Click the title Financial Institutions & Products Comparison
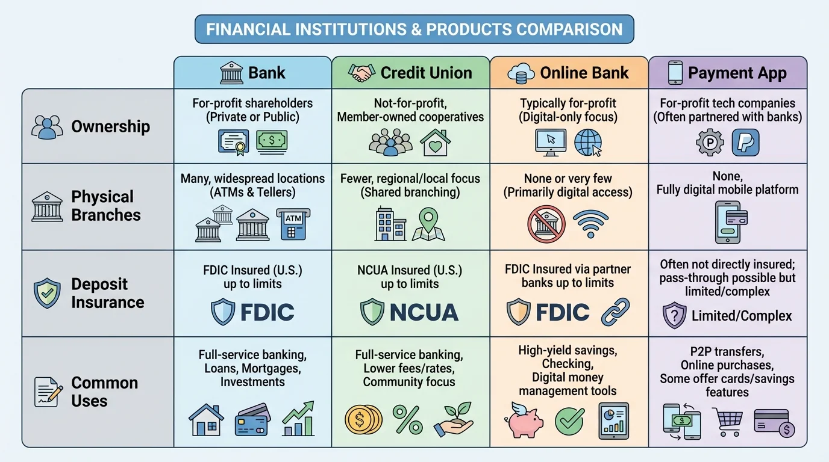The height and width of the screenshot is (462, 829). pyautogui.click(x=414, y=29)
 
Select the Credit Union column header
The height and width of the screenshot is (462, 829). pyautogui.click(x=410, y=73)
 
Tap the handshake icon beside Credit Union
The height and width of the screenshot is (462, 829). pyautogui.click(x=361, y=73)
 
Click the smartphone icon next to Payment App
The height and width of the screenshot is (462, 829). pyautogui.click(x=675, y=73)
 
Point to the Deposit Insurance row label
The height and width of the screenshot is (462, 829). pyautogui.click(x=107, y=293)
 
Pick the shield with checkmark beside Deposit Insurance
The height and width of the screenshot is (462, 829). pyautogui.click(x=47, y=293)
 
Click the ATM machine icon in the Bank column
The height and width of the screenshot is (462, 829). pyautogui.click(x=291, y=224)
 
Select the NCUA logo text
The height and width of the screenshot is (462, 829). pyautogui.click(x=424, y=312)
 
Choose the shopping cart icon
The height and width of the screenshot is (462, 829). pyautogui.click(x=727, y=420)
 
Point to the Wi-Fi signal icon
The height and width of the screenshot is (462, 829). pyautogui.click(x=589, y=224)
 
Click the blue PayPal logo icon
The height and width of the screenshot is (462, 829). pyautogui.click(x=745, y=143)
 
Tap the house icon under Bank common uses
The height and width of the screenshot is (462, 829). pyautogui.click(x=206, y=419)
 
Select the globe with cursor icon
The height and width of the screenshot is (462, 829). pyautogui.click(x=588, y=143)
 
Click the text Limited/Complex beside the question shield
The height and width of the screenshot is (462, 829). pyautogui.click(x=741, y=316)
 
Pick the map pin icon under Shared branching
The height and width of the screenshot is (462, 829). pyautogui.click(x=428, y=224)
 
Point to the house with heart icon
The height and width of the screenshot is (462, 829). pyautogui.click(x=434, y=143)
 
